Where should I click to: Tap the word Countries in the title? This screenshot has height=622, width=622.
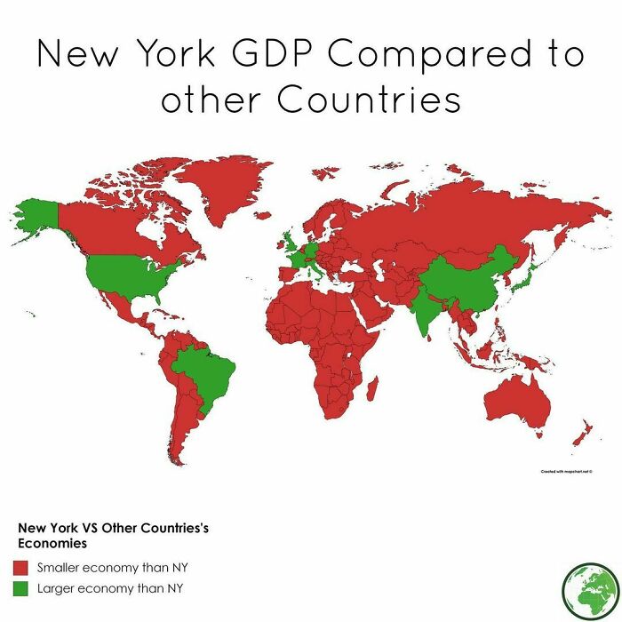click(x=370, y=100)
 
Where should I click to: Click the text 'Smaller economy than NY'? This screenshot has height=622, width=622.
click(x=113, y=567)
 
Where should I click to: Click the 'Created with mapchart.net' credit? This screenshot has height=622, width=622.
click(x=566, y=471)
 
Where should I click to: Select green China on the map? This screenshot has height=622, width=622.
click(x=466, y=275)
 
